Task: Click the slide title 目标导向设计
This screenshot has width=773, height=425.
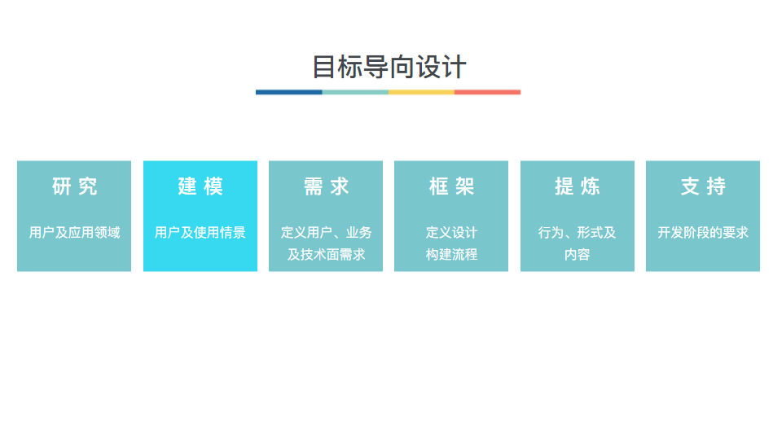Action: click(389, 67)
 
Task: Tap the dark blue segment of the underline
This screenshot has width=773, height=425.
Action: click(288, 92)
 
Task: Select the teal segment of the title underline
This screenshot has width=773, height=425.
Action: click(355, 92)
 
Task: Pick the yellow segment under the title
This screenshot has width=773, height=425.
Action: click(421, 92)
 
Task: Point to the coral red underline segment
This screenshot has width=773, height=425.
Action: click(487, 92)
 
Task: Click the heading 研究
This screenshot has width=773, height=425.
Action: click(74, 186)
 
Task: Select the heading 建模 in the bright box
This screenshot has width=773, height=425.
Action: click(200, 186)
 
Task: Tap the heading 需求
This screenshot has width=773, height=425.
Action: click(326, 186)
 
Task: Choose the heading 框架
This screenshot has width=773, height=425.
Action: click(451, 186)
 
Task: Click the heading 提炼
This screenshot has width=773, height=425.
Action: click(578, 186)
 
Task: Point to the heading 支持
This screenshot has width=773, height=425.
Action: click(703, 186)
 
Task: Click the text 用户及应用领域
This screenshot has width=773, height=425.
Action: click(74, 233)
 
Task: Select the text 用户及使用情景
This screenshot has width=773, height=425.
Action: click(200, 233)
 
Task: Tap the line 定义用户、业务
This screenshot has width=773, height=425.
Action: click(326, 233)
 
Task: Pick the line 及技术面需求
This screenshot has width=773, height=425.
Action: click(326, 255)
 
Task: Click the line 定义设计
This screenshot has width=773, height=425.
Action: click(451, 233)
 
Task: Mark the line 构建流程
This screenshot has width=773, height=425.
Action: click(451, 255)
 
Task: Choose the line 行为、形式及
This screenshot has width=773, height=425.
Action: click(578, 233)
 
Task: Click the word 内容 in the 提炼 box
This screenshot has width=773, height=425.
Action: click(578, 255)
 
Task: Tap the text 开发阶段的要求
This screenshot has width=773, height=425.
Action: click(703, 233)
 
